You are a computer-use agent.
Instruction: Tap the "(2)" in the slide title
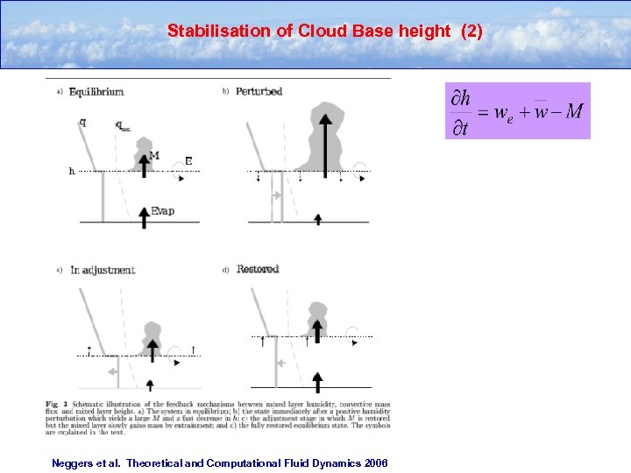pos(466,32)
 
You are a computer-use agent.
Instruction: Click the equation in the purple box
pos(517,111)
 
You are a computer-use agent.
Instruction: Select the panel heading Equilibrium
pos(96,91)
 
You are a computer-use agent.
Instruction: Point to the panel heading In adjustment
pos(103,270)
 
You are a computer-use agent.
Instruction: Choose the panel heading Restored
pos(258,270)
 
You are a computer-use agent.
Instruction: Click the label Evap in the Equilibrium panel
pos(162,211)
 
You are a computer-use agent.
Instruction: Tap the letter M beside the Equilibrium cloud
pos(154,156)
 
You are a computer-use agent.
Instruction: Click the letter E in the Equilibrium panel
pos(188,161)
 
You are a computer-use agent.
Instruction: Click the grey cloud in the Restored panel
pos(315,317)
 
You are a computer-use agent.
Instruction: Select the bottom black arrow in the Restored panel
pos(317,378)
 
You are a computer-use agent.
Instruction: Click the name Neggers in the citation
pos(72,462)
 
